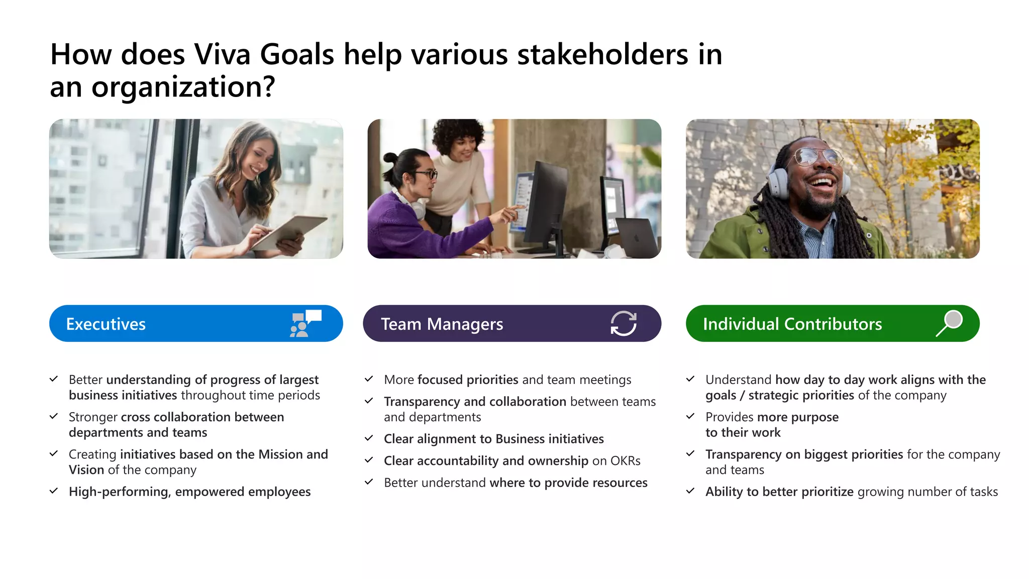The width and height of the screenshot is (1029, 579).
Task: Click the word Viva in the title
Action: [x=222, y=54]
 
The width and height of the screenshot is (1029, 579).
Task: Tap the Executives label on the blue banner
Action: [x=106, y=324]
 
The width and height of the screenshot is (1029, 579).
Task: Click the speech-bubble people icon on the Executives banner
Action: [x=305, y=323]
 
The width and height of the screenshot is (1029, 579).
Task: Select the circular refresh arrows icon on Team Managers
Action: [x=624, y=323]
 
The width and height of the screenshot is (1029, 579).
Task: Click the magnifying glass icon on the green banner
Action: [x=949, y=323]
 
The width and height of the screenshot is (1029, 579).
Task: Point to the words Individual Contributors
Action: [x=792, y=324]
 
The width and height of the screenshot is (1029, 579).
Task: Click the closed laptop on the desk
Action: [x=637, y=237]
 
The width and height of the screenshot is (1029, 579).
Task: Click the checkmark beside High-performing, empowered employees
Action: [x=54, y=491]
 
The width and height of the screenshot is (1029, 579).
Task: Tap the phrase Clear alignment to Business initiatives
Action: [x=493, y=439]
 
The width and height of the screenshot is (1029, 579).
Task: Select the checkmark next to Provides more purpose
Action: [x=690, y=417]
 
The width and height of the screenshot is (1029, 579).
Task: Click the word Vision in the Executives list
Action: [x=86, y=470]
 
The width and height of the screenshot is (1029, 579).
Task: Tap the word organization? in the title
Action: [x=183, y=87]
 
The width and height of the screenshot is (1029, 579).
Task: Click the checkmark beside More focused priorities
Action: [x=369, y=379]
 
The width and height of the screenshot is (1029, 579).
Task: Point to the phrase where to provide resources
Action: [x=568, y=483]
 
